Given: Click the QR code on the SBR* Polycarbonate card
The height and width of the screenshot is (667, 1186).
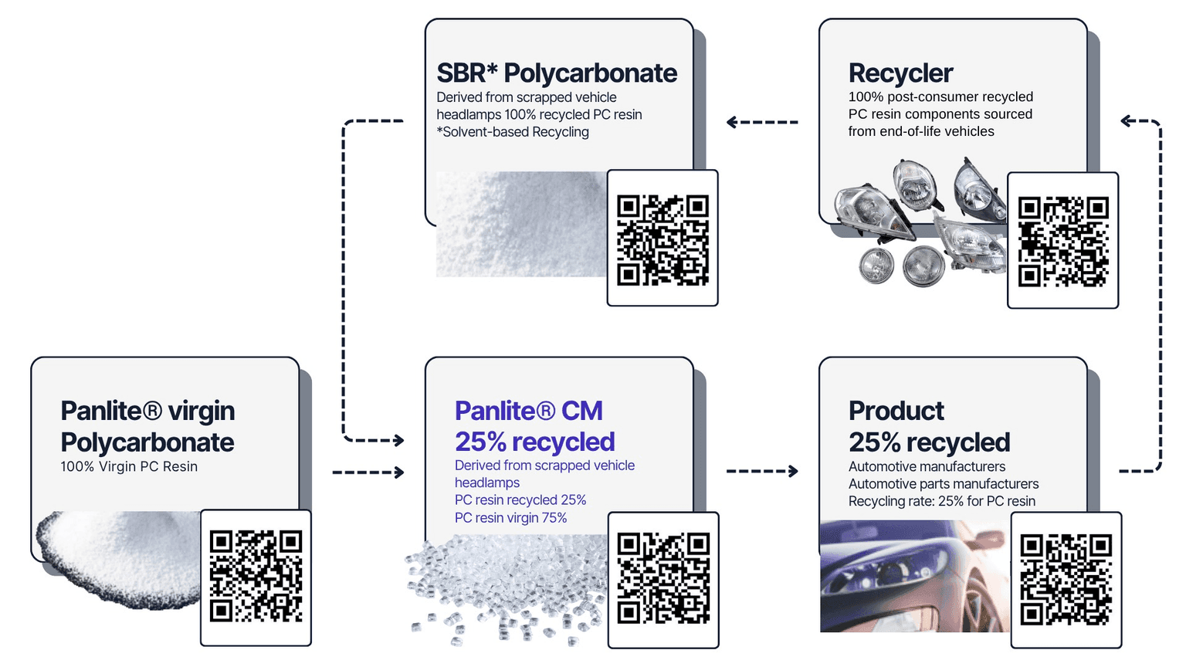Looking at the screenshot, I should click(662, 239).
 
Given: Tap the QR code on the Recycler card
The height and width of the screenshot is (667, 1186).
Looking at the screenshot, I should click(1062, 241).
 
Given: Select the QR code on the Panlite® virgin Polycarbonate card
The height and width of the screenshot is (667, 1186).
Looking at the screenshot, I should click(256, 576).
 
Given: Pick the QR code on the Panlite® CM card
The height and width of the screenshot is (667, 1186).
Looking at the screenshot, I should click(663, 578).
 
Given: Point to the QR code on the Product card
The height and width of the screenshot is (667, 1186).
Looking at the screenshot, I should click(1066, 579).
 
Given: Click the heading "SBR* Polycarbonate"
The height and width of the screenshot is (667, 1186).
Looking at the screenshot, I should click(557, 73).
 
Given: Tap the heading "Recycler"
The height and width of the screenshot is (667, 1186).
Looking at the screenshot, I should click(900, 73).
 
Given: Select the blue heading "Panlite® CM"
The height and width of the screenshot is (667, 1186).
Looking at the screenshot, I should click(529, 411).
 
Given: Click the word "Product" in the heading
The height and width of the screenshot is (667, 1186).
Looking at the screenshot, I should click(896, 411).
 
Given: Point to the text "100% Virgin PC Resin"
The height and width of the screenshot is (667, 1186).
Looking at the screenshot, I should click(129, 466).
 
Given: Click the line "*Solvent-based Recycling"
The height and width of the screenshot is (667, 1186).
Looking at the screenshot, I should click(513, 132).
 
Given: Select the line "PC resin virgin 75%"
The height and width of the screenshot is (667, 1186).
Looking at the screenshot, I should click(510, 517).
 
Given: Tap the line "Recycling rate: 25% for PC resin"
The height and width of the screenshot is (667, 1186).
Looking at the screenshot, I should click(941, 501).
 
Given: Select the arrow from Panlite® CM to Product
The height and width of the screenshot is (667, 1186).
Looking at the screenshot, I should click(761, 471).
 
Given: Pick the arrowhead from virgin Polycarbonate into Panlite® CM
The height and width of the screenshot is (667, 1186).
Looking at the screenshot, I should click(398, 472).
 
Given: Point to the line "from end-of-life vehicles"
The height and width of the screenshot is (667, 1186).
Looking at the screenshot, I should click(921, 131).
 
